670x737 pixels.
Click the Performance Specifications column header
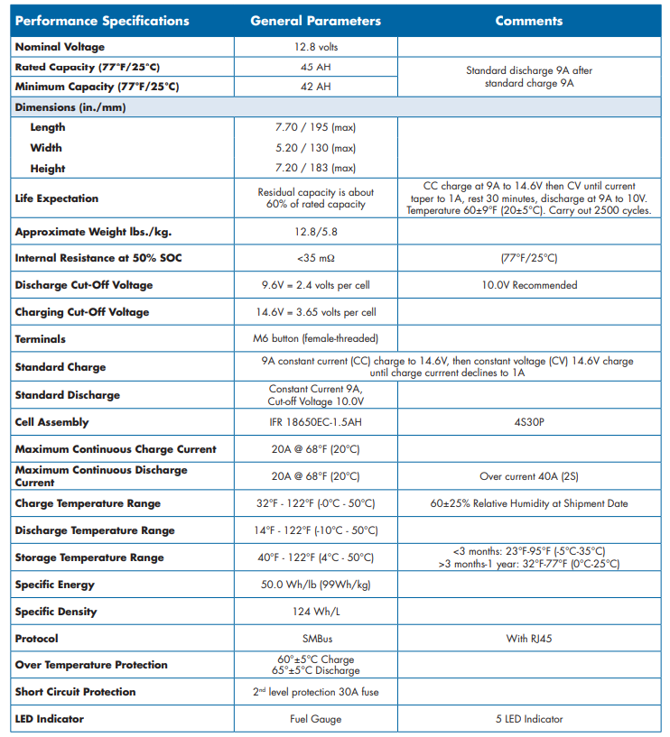102,21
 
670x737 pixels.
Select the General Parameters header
315,21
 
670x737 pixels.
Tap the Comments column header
528,21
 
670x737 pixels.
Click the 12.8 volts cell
315,47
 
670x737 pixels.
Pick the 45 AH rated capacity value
315,67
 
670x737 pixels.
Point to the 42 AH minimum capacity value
315,87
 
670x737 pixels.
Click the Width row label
46,148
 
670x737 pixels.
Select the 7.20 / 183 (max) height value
315,168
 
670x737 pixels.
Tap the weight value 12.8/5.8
315,232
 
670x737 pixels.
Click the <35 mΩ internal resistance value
315,258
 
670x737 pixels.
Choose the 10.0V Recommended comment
528,285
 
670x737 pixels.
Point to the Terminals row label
41,339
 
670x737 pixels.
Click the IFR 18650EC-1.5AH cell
315,422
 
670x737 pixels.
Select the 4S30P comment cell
528,422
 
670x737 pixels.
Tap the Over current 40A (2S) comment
528,476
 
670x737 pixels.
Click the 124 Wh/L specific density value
315,612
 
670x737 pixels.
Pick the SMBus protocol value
315,639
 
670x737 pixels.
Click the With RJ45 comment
528,639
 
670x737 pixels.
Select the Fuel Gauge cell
315,719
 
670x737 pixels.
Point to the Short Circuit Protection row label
76,692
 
